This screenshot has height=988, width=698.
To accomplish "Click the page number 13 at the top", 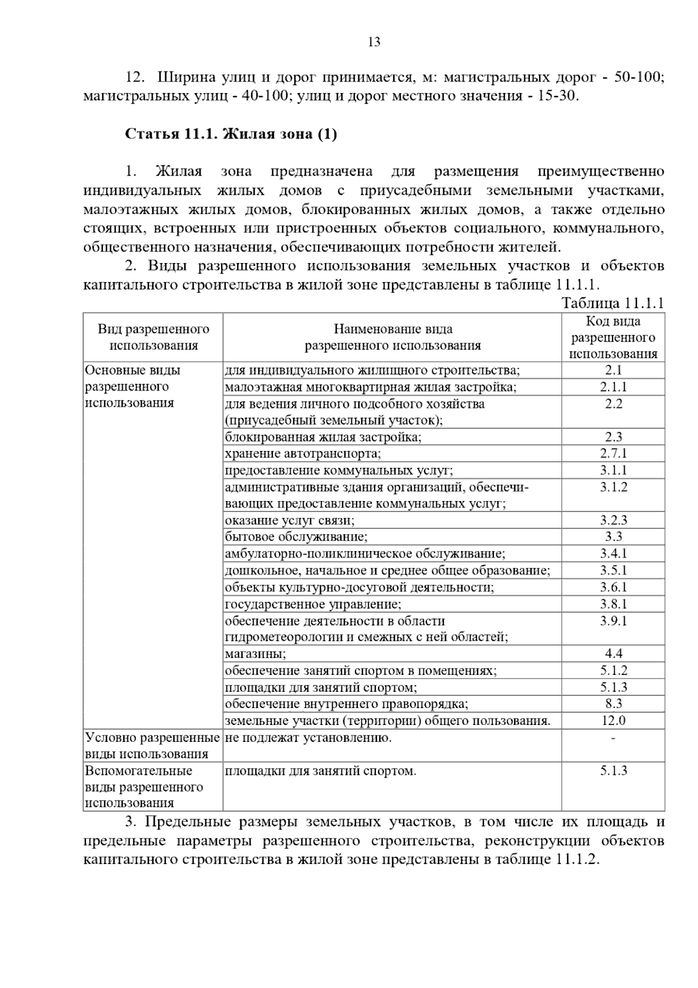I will (x=374, y=42).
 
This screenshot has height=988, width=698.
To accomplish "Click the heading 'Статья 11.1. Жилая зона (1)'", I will (x=231, y=134).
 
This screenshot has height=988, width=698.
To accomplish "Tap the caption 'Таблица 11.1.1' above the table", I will (x=612, y=303).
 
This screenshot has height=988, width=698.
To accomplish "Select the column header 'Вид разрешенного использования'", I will (x=154, y=337).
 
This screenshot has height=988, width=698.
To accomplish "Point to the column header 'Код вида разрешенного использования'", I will (x=613, y=337).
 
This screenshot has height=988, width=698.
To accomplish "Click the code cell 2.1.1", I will (x=613, y=387).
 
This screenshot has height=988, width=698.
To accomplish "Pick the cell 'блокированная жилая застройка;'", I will (x=323, y=437).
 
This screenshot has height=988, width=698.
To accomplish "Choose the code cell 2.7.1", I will (x=613, y=453).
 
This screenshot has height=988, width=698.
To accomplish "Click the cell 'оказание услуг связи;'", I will (x=290, y=520).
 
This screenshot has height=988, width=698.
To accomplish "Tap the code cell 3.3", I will (x=613, y=536).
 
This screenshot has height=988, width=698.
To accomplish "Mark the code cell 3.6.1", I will (x=613, y=587).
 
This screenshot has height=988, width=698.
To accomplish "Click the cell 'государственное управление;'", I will (x=313, y=604).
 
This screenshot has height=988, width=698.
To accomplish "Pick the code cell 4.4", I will (x=613, y=653).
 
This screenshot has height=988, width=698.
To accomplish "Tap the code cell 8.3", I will (x=613, y=703).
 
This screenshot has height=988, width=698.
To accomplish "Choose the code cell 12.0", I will (x=613, y=720).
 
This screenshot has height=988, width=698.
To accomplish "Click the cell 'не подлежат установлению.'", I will (x=308, y=738).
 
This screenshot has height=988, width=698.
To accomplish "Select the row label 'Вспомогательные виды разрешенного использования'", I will (x=144, y=787).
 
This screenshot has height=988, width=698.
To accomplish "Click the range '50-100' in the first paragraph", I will (x=639, y=77).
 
